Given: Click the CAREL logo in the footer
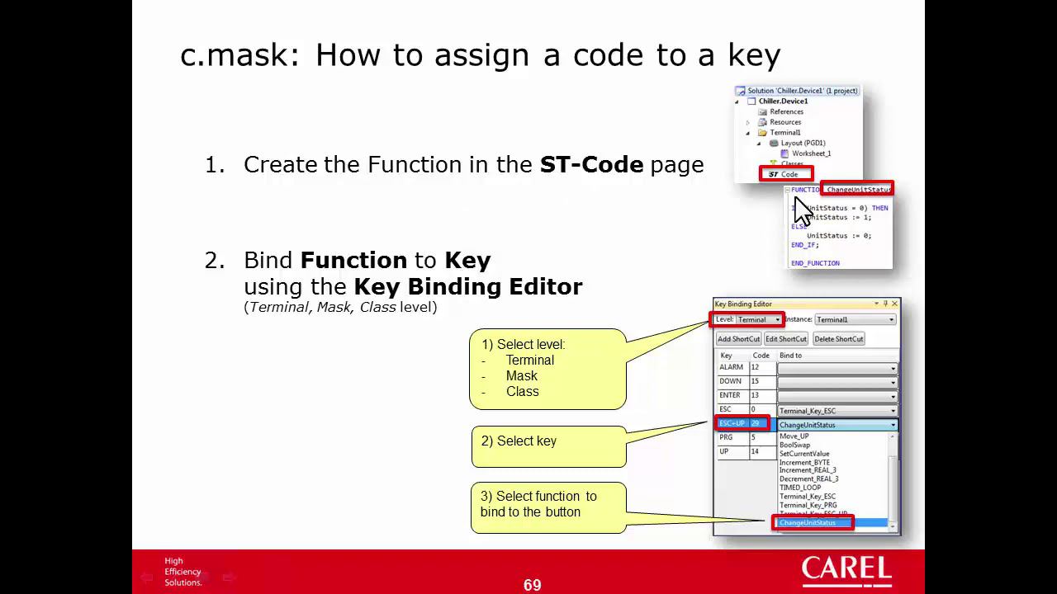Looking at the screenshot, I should [x=846, y=571].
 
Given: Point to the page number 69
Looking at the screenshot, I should [x=532, y=585].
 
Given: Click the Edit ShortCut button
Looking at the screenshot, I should [x=785, y=339].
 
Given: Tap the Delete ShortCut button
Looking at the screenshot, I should [x=838, y=339].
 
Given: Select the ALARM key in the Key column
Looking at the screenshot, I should [x=732, y=367].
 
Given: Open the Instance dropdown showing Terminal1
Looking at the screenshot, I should [x=855, y=319].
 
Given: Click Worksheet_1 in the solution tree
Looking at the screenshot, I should [x=810, y=153].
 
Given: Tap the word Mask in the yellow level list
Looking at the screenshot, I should [x=522, y=375].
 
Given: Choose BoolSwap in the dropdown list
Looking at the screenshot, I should [x=794, y=445].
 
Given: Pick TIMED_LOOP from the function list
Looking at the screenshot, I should [x=800, y=488].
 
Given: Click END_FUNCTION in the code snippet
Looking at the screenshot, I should [x=815, y=263].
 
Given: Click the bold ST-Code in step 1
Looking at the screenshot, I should [x=591, y=164].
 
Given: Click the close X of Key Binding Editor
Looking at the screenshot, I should [x=894, y=304].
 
